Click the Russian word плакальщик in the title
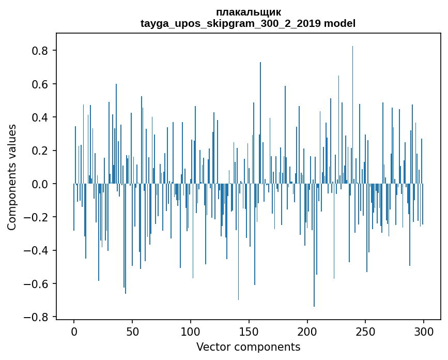[248, 12]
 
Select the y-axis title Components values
[12, 177]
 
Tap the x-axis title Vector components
[248, 347]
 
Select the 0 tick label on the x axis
[74, 331]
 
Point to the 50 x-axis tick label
[132, 331]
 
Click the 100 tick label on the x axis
[191, 331]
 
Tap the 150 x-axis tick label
[249, 331]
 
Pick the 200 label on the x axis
[307, 331]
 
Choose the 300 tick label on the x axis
[424, 331]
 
